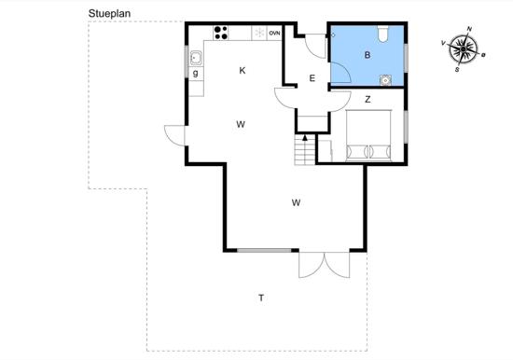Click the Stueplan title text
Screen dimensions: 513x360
pos(109,14)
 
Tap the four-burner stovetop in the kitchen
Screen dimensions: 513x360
pos(221,33)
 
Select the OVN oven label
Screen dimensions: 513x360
pos(274,33)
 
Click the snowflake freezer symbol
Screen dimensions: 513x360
pos(260,33)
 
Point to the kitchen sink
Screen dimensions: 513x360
pos(196,58)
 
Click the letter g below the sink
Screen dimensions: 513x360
pos(196,73)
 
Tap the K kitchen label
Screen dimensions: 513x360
pos(243,70)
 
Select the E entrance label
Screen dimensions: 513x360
pos(312,78)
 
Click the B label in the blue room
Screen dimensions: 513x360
pos(367,55)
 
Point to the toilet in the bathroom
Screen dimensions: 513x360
pos(383,34)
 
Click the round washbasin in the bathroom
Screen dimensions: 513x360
pos(385,80)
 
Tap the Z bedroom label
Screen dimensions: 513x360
pos(367,99)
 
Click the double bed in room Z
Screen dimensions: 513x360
pos(368,135)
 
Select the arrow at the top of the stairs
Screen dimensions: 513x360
pos(305,138)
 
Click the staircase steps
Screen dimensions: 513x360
pos(305,150)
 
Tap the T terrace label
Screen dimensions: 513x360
pos(261,298)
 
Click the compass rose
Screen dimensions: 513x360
pos(463,49)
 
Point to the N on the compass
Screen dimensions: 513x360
pos(469,29)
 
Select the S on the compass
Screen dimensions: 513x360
pos(457,70)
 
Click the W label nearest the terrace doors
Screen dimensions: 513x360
pos(296,203)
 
